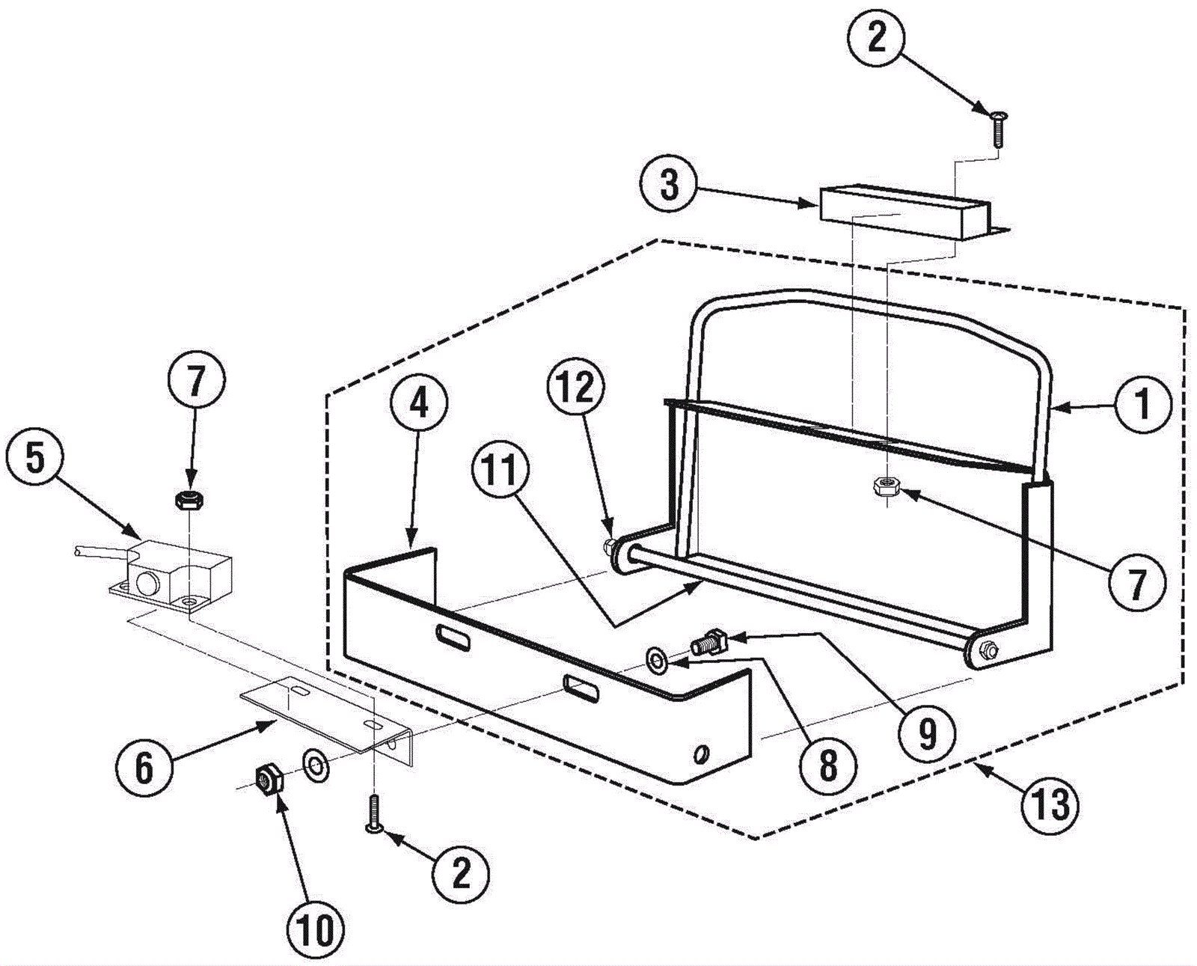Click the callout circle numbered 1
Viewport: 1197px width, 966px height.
coord(1142,405)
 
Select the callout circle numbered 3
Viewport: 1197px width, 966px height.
coord(669,183)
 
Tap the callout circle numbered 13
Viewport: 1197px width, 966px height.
coord(1051,805)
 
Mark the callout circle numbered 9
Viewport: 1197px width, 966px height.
coord(927,733)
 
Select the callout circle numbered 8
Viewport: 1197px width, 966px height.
coord(827,764)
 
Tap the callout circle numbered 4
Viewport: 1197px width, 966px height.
coord(418,405)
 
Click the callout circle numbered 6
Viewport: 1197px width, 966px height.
coord(144,767)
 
